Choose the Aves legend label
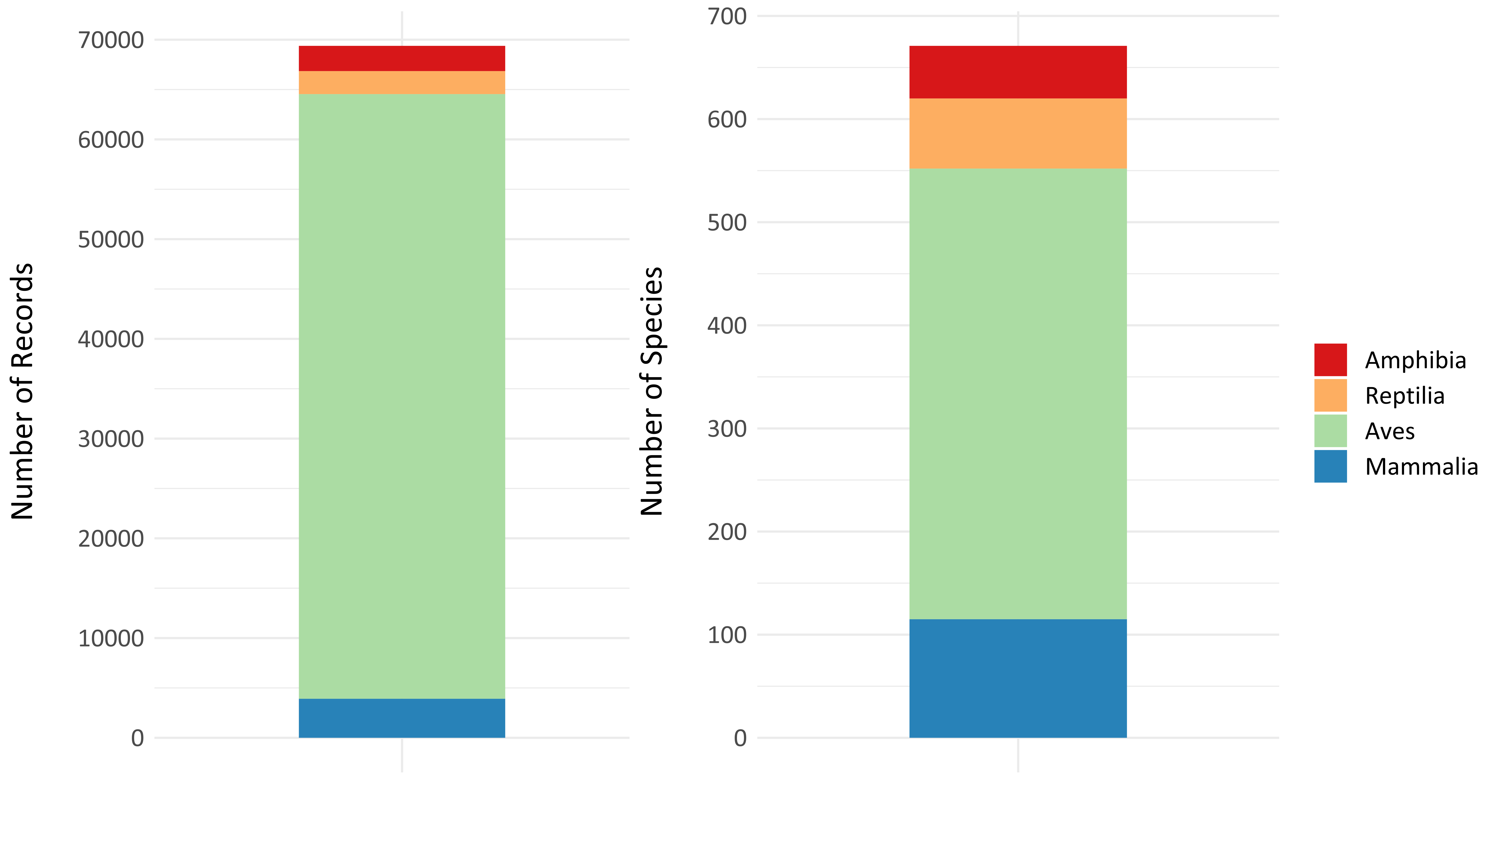[1390, 432]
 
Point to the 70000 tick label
[111, 40]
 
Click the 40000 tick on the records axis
[111, 339]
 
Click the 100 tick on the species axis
[727, 635]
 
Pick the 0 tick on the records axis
[138, 738]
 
